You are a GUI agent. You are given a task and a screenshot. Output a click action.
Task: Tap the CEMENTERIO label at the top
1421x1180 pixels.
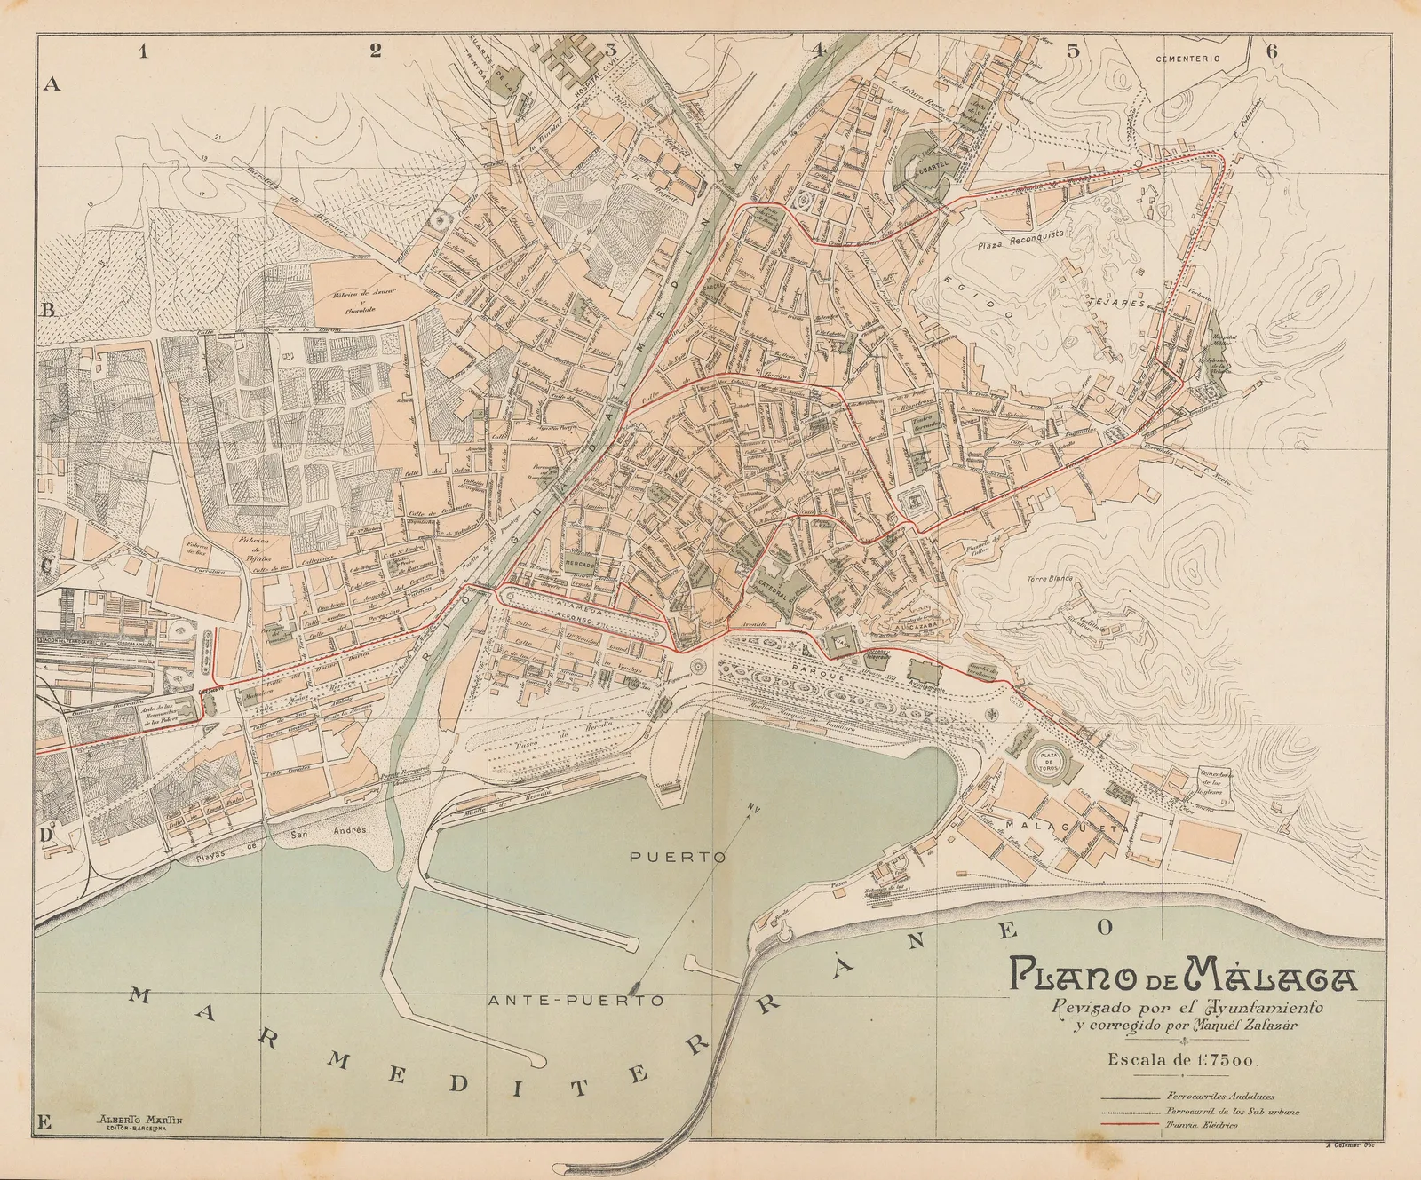[x=1188, y=58]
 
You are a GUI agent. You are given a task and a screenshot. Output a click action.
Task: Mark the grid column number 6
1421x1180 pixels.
[x=1271, y=51]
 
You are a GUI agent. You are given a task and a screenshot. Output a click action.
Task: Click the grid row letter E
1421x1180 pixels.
[x=45, y=1121]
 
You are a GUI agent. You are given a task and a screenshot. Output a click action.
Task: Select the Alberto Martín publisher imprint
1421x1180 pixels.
[x=142, y=1120]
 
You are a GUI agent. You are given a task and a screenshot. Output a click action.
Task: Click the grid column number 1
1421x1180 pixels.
[x=143, y=51]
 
